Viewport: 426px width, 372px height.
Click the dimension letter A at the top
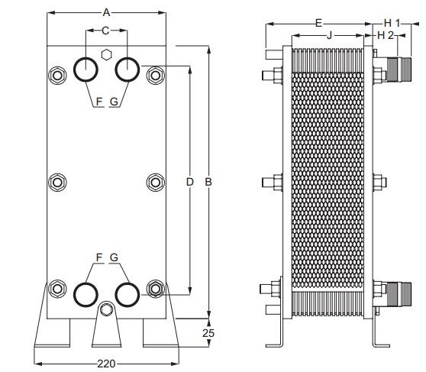click(107, 11)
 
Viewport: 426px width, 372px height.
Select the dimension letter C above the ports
click(106, 30)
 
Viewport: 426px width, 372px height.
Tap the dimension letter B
click(208, 182)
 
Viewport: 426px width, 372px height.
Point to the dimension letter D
click(190, 182)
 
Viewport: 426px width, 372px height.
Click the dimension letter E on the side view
click(318, 23)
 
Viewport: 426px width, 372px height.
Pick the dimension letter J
click(329, 35)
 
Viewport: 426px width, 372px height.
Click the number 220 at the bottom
click(106, 364)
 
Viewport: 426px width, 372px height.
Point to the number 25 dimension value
click(208, 332)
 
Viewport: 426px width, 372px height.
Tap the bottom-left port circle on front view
click(86, 293)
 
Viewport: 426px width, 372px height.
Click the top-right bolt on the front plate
click(156, 76)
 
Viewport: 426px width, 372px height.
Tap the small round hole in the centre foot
click(106, 309)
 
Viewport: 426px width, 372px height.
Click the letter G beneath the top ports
click(114, 100)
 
